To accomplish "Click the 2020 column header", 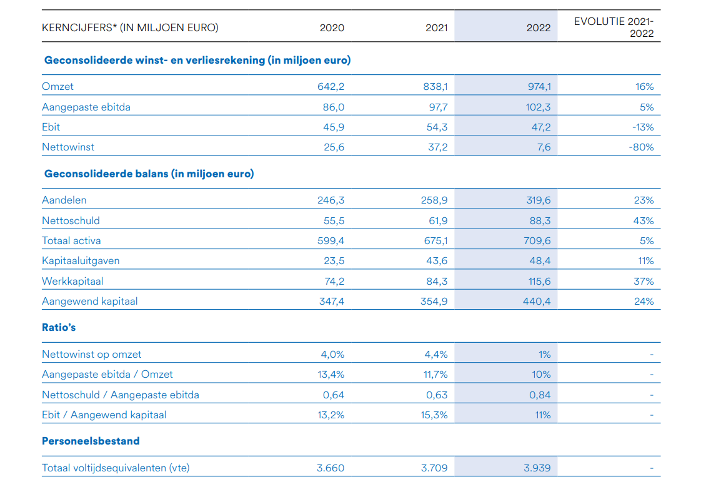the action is [x=332, y=27].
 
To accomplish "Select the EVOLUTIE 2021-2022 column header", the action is [x=614, y=27].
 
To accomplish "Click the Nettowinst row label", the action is [x=68, y=147].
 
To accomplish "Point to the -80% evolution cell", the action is [x=641, y=147].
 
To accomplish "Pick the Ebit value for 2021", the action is [x=437, y=127].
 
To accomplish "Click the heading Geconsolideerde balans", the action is [x=149, y=174].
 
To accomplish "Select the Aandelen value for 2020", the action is [x=331, y=200].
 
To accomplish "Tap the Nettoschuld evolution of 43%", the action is [x=644, y=220].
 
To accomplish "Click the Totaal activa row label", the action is [x=71, y=241].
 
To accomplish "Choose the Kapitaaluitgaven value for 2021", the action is [x=437, y=260].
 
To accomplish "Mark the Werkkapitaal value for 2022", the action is [x=539, y=281].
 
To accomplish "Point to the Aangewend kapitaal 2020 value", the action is [x=332, y=301].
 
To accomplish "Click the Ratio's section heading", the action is [x=59, y=327].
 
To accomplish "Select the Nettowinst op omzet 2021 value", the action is [x=436, y=354].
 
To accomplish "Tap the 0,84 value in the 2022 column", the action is [x=540, y=395].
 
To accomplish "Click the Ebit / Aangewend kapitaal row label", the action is [x=104, y=415].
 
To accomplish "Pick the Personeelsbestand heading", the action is [x=91, y=441].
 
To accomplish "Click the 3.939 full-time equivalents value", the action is [x=537, y=468].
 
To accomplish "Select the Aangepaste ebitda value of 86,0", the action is [x=334, y=107].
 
